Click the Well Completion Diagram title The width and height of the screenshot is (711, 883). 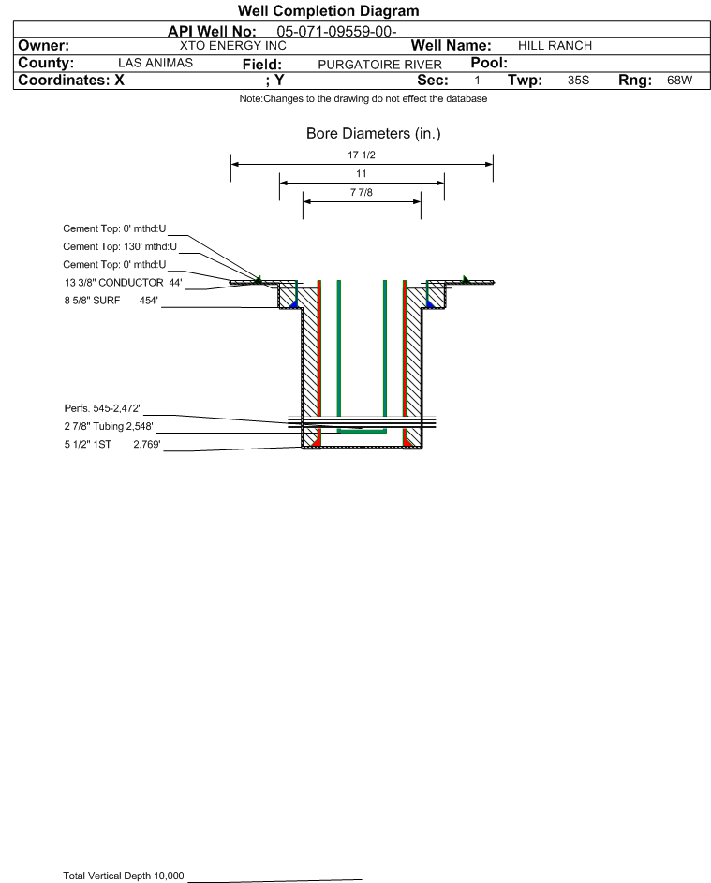pyautogui.click(x=329, y=10)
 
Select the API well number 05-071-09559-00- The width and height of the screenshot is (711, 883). pyautogui.click(x=336, y=32)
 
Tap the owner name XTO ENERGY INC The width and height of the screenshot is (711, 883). pyautogui.click(x=232, y=46)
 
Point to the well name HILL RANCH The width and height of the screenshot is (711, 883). pyautogui.click(x=555, y=46)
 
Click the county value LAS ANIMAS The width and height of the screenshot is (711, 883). pyautogui.click(x=156, y=63)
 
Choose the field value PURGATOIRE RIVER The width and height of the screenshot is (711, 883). pyautogui.click(x=379, y=65)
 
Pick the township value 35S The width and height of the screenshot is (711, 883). pyautogui.click(x=578, y=80)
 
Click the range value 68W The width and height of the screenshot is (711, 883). pyautogui.click(x=679, y=80)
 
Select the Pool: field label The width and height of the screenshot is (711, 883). pyautogui.click(x=489, y=63)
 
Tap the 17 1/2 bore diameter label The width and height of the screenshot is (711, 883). pyautogui.click(x=362, y=155)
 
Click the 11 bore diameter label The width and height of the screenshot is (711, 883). pyautogui.click(x=362, y=173)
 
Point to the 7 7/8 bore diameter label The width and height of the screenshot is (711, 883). pyautogui.click(x=362, y=192)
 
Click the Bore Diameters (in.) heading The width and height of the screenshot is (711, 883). pyautogui.click(x=373, y=134)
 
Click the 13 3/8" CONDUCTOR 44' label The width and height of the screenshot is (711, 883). pyautogui.click(x=123, y=282)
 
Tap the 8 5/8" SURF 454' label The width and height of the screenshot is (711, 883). pyautogui.click(x=111, y=301)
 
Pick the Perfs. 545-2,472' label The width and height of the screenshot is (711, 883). pyautogui.click(x=102, y=408)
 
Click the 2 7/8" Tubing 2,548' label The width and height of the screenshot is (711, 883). pyautogui.click(x=109, y=426)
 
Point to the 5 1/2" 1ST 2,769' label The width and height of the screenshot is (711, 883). pyautogui.click(x=112, y=445)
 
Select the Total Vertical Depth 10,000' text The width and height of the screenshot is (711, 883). pyautogui.click(x=125, y=876)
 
